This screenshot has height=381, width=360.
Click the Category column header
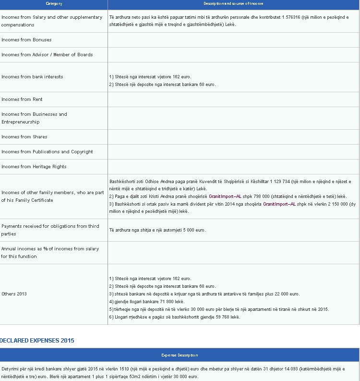[54, 4]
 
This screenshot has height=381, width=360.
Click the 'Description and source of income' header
[233, 4]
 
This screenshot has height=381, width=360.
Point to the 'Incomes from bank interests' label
[32, 77]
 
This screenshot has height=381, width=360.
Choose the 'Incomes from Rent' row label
[22, 99]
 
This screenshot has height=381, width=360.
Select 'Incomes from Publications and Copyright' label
[47, 152]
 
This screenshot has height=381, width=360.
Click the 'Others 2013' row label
[14, 294]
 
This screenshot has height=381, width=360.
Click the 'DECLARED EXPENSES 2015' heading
[37, 341]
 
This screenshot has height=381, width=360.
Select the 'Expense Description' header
[180, 356]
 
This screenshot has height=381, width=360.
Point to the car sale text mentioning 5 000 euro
[157, 230]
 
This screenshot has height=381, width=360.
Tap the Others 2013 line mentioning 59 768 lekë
[175, 317]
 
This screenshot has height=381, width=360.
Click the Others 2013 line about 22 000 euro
[204, 294]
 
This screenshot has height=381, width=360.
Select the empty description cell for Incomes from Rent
[233, 99]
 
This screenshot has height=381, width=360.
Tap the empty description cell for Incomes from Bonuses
[233, 40]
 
